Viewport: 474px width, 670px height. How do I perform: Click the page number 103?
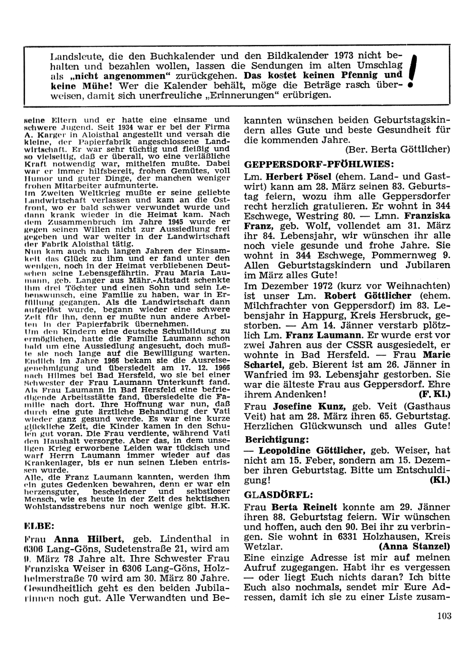point(445,616)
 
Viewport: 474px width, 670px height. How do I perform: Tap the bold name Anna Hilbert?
point(89,539)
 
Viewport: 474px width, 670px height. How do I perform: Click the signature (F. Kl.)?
point(435,394)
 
